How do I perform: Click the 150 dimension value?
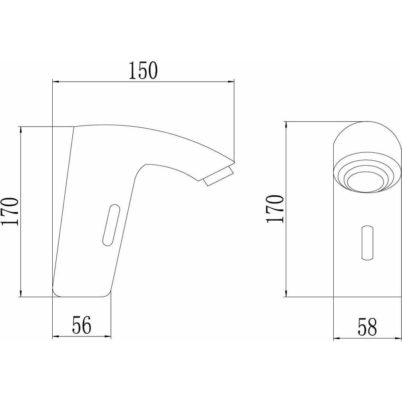click(143, 70)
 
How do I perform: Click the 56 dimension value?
click(82, 325)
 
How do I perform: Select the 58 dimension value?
click(367, 327)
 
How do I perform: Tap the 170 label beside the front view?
click(275, 209)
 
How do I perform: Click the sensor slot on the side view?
click(111, 225)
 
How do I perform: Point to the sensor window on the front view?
click(367, 243)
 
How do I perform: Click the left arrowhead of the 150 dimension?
click(55, 82)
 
